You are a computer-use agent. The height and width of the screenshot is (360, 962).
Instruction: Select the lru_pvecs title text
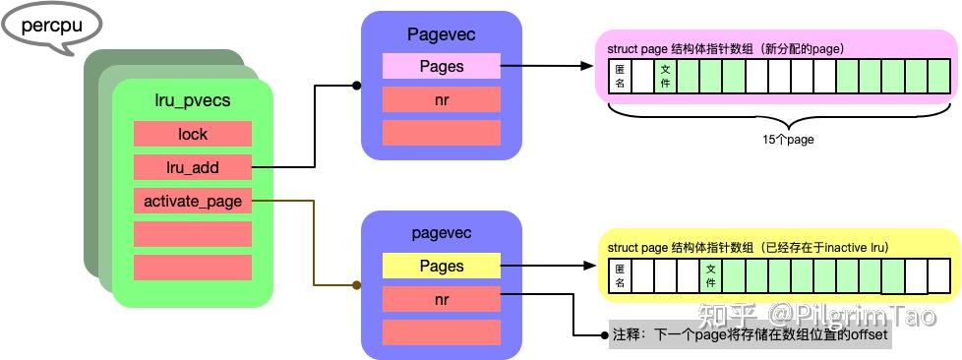click(x=193, y=99)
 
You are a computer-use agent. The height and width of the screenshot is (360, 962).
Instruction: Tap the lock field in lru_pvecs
click(x=193, y=134)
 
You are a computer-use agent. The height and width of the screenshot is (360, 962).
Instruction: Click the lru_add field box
click(x=193, y=167)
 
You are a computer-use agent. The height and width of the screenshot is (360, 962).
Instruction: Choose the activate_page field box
click(x=193, y=201)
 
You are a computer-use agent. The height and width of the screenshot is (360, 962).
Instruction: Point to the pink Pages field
click(x=442, y=67)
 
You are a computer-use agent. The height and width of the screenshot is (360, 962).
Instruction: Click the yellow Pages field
click(x=442, y=266)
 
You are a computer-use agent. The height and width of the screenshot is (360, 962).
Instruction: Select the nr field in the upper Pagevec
click(x=442, y=99)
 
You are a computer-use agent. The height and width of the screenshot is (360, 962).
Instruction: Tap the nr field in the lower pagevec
click(x=442, y=299)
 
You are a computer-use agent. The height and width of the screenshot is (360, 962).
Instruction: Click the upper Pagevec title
click(x=442, y=34)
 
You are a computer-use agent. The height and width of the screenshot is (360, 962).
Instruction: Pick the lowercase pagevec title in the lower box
click(x=442, y=233)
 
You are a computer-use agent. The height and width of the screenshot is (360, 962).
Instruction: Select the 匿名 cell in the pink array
click(x=621, y=77)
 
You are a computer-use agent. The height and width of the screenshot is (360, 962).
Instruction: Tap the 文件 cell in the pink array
click(x=666, y=77)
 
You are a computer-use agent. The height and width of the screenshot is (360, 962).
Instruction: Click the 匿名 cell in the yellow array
click(x=621, y=275)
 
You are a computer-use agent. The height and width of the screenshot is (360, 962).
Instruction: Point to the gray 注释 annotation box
click(x=751, y=335)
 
